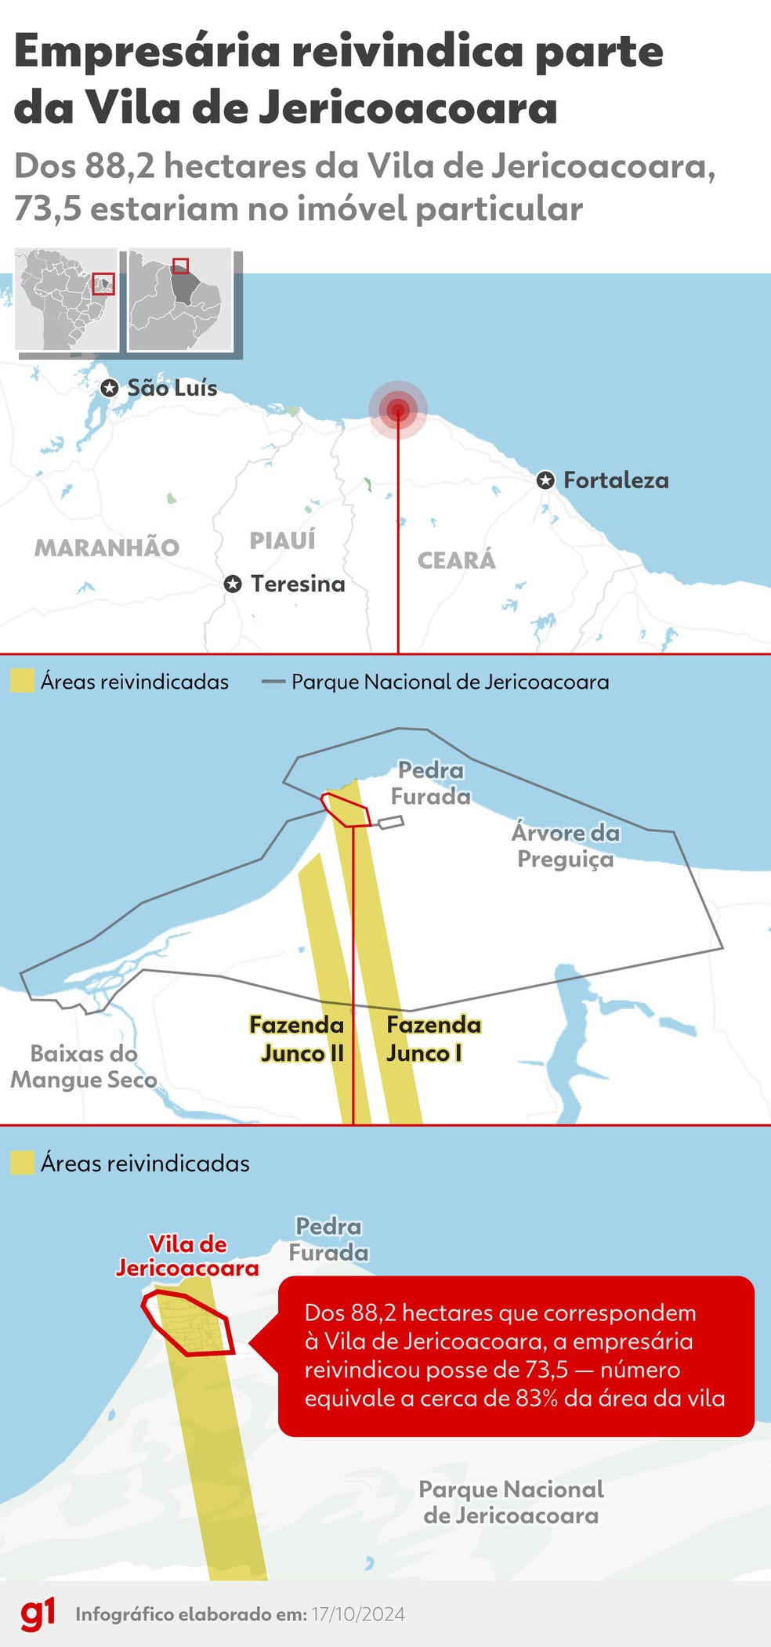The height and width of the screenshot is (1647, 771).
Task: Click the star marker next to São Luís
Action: [x=110, y=388]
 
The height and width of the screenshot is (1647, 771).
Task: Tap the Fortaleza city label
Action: [x=616, y=480]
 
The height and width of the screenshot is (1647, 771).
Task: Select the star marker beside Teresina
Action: [x=233, y=584]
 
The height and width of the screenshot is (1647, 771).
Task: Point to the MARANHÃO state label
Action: [x=107, y=548]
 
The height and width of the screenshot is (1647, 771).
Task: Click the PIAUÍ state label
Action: [x=282, y=540]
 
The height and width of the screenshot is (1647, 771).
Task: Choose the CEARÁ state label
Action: [x=456, y=560]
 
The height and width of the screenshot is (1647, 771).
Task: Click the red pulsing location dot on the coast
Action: [x=398, y=408]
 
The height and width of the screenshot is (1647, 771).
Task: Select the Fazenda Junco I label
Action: [x=433, y=1039]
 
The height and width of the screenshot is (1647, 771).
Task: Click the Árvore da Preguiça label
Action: [x=566, y=845]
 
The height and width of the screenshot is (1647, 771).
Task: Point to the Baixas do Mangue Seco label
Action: [x=83, y=1066]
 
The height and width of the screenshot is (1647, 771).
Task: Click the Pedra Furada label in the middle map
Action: [x=430, y=783]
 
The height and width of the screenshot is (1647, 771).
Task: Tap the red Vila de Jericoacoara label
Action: [x=187, y=1256]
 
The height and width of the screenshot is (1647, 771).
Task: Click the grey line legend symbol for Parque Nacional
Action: [x=273, y=682]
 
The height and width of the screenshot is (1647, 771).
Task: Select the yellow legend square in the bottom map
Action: [x=23, y=1163]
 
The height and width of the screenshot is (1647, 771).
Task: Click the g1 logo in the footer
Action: [x=38, y=1614]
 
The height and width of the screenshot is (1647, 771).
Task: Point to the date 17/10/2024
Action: [x=358, y=1615]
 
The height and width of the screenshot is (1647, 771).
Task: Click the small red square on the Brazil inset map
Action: [x=103, y=283]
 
